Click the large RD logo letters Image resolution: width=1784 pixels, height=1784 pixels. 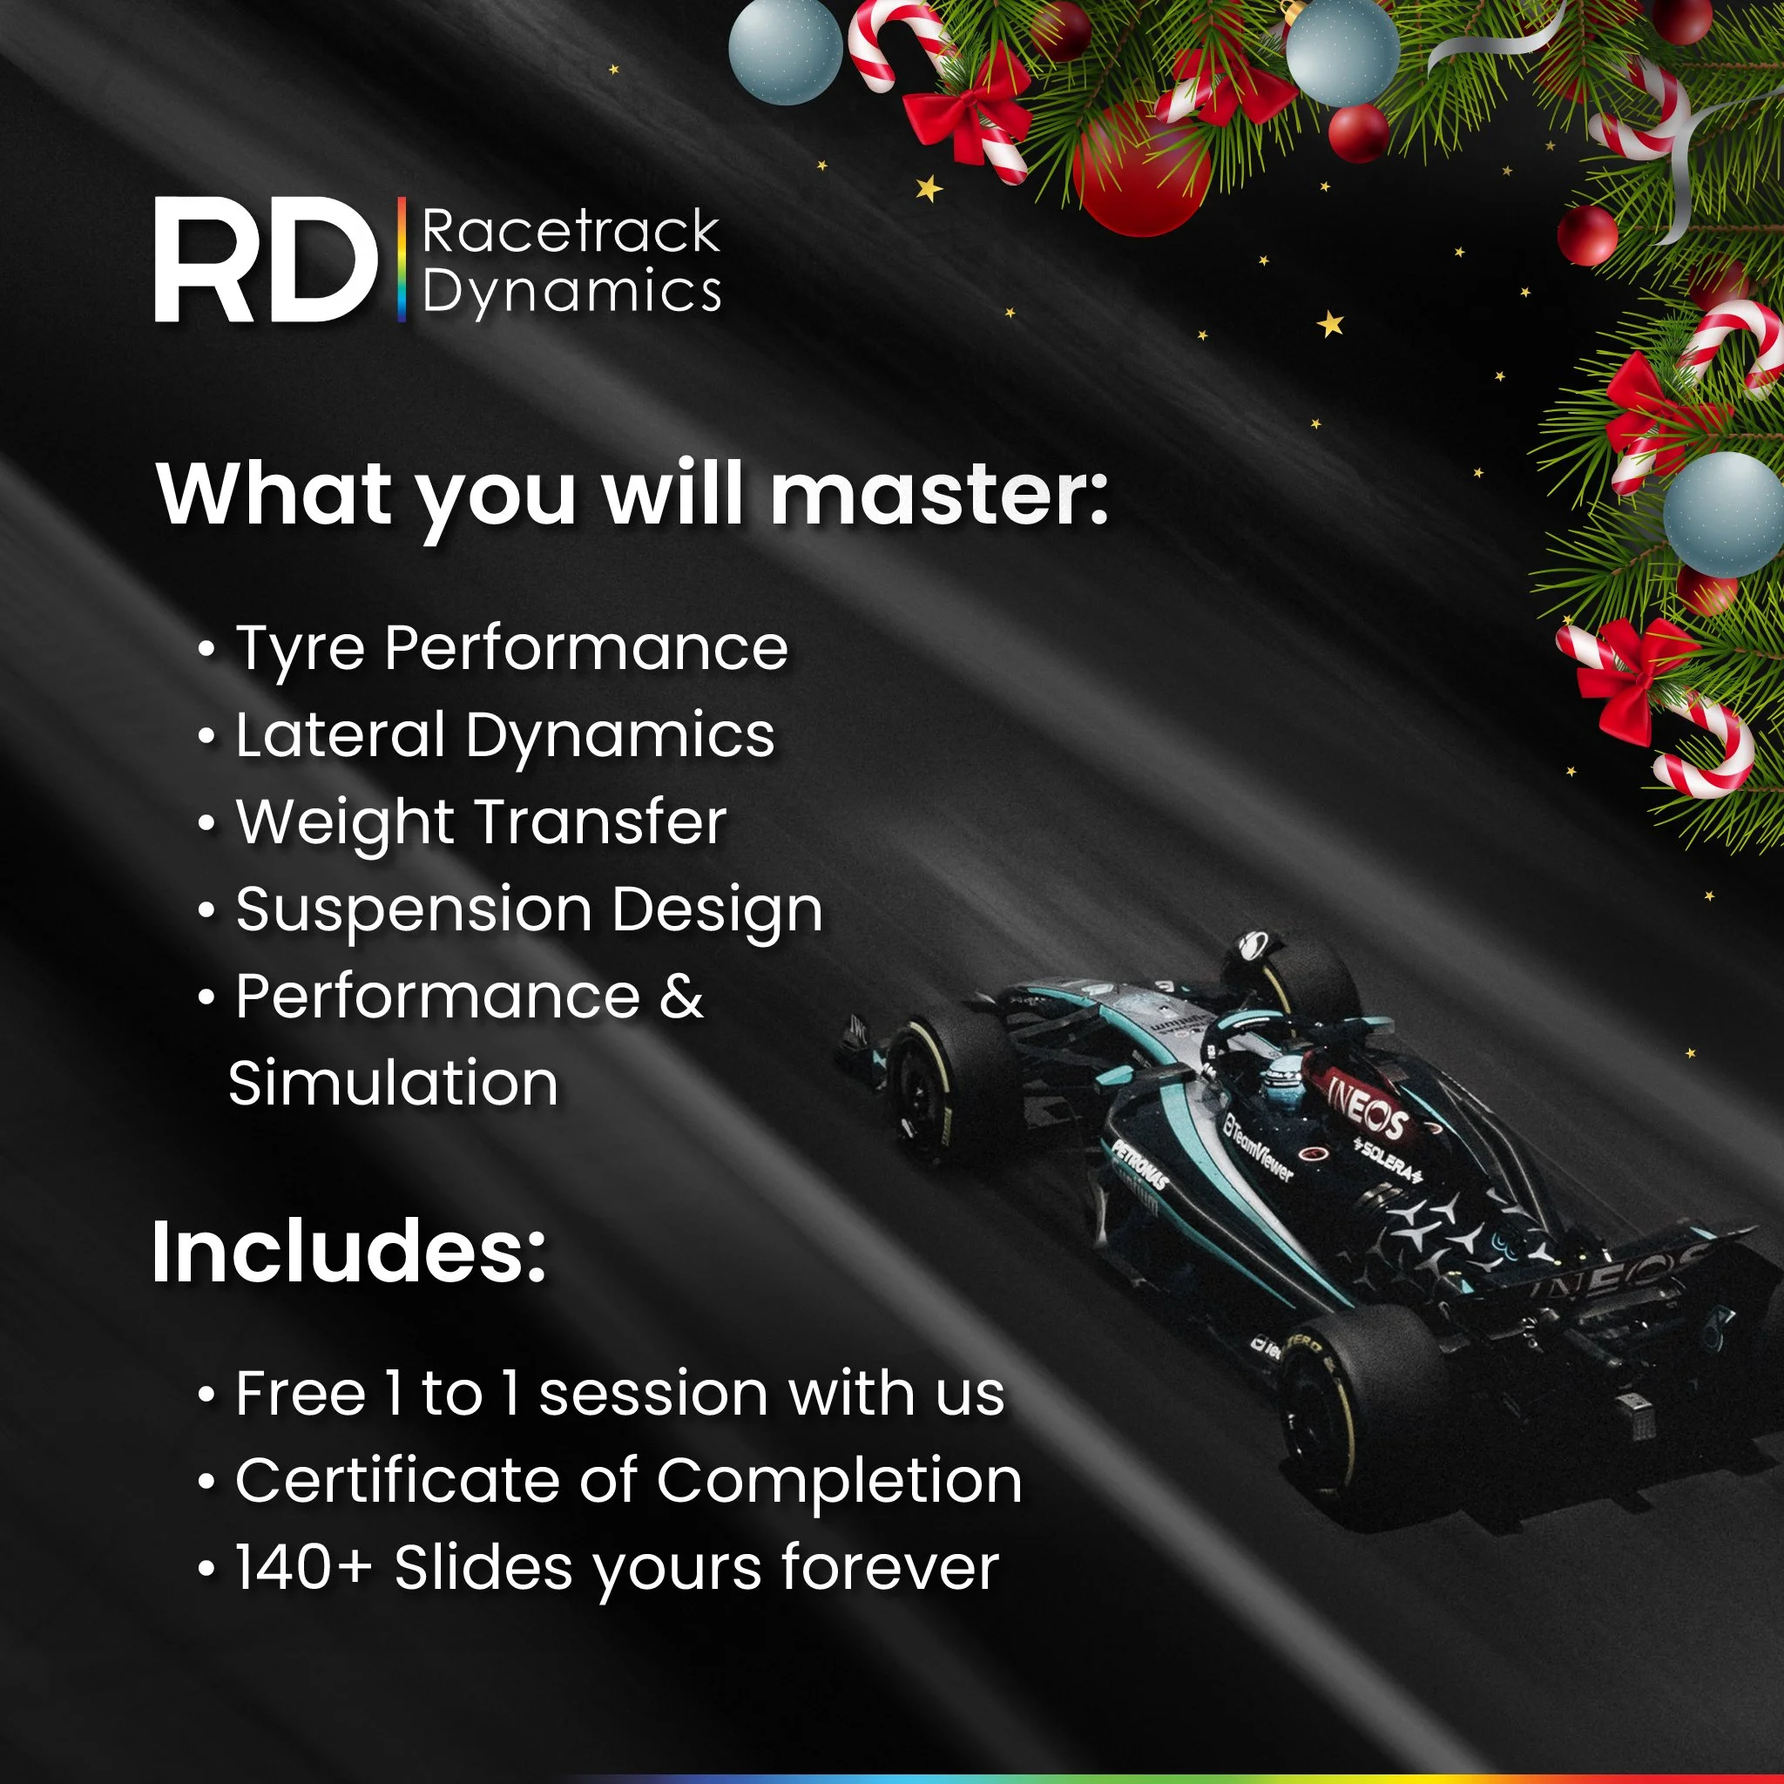click(x=266, y=261)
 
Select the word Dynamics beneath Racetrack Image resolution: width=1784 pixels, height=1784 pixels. click(x=571, y=292)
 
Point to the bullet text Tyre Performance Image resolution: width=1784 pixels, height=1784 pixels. click(x=511, y=648)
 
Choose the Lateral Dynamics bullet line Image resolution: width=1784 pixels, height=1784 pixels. click(x=504, y=736)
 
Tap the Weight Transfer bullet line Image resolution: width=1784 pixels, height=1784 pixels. click(x=481, y=822)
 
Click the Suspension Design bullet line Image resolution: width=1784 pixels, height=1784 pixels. click(x=528, y=910)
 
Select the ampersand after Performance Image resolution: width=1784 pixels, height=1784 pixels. click(x=681, y=997)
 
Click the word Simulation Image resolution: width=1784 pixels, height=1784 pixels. click(x=394, y=1083)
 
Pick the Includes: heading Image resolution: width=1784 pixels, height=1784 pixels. click(x=349, y=1252)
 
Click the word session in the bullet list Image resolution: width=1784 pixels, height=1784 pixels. click(x=652, y=1394)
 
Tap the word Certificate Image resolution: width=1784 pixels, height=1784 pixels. click(x=398, y=1481)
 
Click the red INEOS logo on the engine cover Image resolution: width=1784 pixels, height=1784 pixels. click(x=1366, y=1108)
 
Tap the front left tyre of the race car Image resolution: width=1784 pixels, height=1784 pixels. click(x=942, y=1090)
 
